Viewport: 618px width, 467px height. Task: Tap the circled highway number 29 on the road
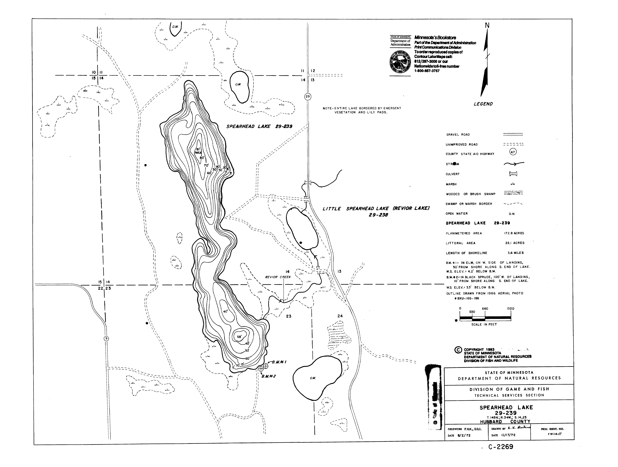[x=308, y=97]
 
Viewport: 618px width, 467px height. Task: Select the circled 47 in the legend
[x=513, y=152]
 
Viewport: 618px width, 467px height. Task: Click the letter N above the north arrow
[x=487, y=25]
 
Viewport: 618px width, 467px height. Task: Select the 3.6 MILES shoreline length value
[x=515, y=253]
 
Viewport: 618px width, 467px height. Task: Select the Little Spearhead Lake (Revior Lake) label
[x=376, y=212]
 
